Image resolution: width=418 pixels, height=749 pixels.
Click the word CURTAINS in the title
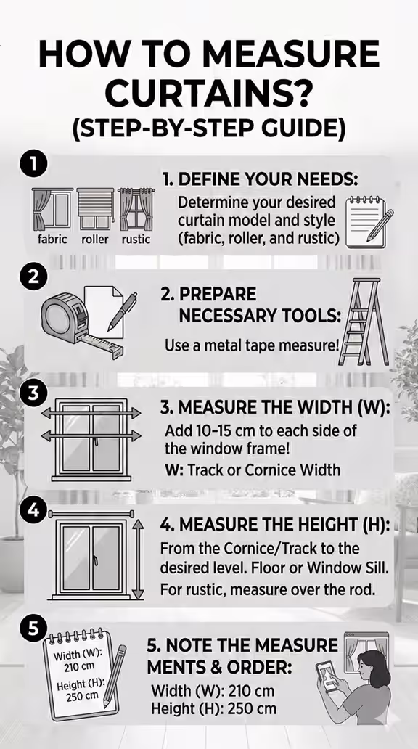click(209, 94)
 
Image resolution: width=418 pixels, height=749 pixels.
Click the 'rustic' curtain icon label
click(136, 239)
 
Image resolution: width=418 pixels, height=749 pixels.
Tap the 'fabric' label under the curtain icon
click(52, 239)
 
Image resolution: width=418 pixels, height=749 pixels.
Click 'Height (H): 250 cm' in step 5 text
click(213, 710)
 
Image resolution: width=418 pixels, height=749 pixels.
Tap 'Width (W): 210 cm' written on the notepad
click(69, 661)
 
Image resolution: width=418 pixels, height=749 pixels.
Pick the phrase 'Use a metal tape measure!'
click(252, 345)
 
